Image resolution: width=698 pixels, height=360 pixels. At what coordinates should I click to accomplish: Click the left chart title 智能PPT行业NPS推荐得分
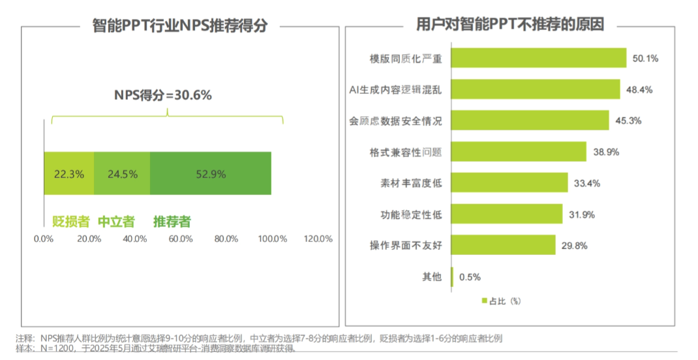[181, 26]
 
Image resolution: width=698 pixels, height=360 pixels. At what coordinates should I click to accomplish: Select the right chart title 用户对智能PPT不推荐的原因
[510, 25]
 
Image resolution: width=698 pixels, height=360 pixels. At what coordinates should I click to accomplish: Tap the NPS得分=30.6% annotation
[163, 95]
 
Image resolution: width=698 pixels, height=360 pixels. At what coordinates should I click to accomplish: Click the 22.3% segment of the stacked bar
[68, 173]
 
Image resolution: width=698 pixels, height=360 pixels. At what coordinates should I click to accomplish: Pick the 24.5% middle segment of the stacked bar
[122, 173]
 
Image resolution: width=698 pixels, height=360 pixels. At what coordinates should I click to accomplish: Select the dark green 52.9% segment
[210, 173]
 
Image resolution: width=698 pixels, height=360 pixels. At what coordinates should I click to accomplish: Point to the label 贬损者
[70, 221]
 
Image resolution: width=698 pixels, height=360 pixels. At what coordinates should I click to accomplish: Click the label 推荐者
[172, 221]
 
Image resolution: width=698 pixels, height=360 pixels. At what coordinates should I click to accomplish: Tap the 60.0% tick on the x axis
[181, 239]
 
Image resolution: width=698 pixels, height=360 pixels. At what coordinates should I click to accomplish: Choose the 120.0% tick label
[318, 239]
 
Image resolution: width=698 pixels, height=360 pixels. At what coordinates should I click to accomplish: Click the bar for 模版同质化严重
[538, 58]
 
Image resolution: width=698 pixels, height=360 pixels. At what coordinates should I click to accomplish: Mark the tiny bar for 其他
[452, 277]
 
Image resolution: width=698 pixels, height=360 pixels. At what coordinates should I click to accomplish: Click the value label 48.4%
[639, 89]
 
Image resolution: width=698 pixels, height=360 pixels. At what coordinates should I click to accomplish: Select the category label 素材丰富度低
[411, 183]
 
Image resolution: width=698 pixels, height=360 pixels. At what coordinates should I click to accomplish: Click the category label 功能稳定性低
[411, 215]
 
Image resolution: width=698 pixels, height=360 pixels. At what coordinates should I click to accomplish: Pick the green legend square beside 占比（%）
[484, 301]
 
